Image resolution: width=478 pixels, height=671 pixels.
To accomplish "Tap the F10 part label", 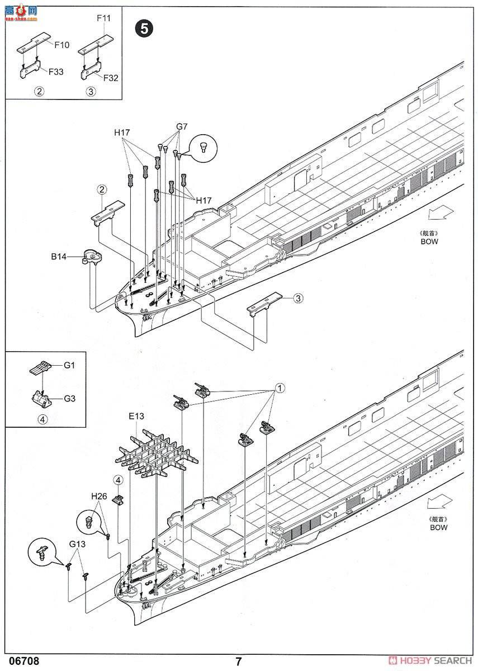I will point(61,45).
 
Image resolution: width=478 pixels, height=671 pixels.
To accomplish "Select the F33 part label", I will point(55,72).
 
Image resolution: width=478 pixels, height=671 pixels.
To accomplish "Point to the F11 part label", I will point(103,18).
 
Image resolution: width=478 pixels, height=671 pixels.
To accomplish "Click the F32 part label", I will point(111,78).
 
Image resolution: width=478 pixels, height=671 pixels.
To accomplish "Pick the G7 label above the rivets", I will point(182,126).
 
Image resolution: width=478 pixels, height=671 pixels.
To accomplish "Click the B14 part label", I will point(59,257).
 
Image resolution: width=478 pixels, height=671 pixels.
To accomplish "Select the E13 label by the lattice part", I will point(136,416).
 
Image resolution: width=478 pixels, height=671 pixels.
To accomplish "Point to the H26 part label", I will point(99,496).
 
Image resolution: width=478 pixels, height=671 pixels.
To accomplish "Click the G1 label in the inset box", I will point(69,365).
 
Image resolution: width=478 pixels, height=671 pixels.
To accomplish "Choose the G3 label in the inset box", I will point(69,399).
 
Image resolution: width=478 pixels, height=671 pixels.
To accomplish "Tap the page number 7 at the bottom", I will point(239,661).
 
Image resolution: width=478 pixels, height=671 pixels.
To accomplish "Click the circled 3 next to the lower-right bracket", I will point(297,298).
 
